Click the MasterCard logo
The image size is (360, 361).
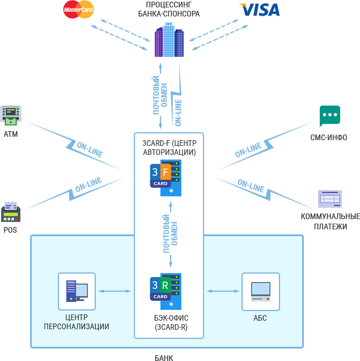(x=79, y=9)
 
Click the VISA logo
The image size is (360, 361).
(x=259, y=10)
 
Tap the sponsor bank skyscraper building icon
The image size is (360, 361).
(x=169, y=40)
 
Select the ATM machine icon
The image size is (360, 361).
(x=11, y=116)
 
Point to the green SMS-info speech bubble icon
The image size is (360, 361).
(x=329, y=116)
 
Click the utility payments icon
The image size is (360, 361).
(x=329, y=199)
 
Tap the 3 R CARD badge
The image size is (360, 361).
(x=160, y=288)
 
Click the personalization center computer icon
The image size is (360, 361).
(x=77, y=291)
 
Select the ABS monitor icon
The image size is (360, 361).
(x=260, y=291)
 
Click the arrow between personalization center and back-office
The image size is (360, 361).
(x=115, y=291)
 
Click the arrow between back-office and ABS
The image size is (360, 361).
(x=223, y=291)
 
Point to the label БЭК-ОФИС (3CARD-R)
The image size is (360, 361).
(x=168, y=323)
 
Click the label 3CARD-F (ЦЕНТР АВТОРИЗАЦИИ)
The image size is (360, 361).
(x=169, y=148)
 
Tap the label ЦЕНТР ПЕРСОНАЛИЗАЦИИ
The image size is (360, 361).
(x=77, y=322)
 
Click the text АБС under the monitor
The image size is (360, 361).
(x=260, y=318)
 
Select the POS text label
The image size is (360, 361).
(x=11, y=230)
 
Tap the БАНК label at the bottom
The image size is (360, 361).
(x=164, y=358)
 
